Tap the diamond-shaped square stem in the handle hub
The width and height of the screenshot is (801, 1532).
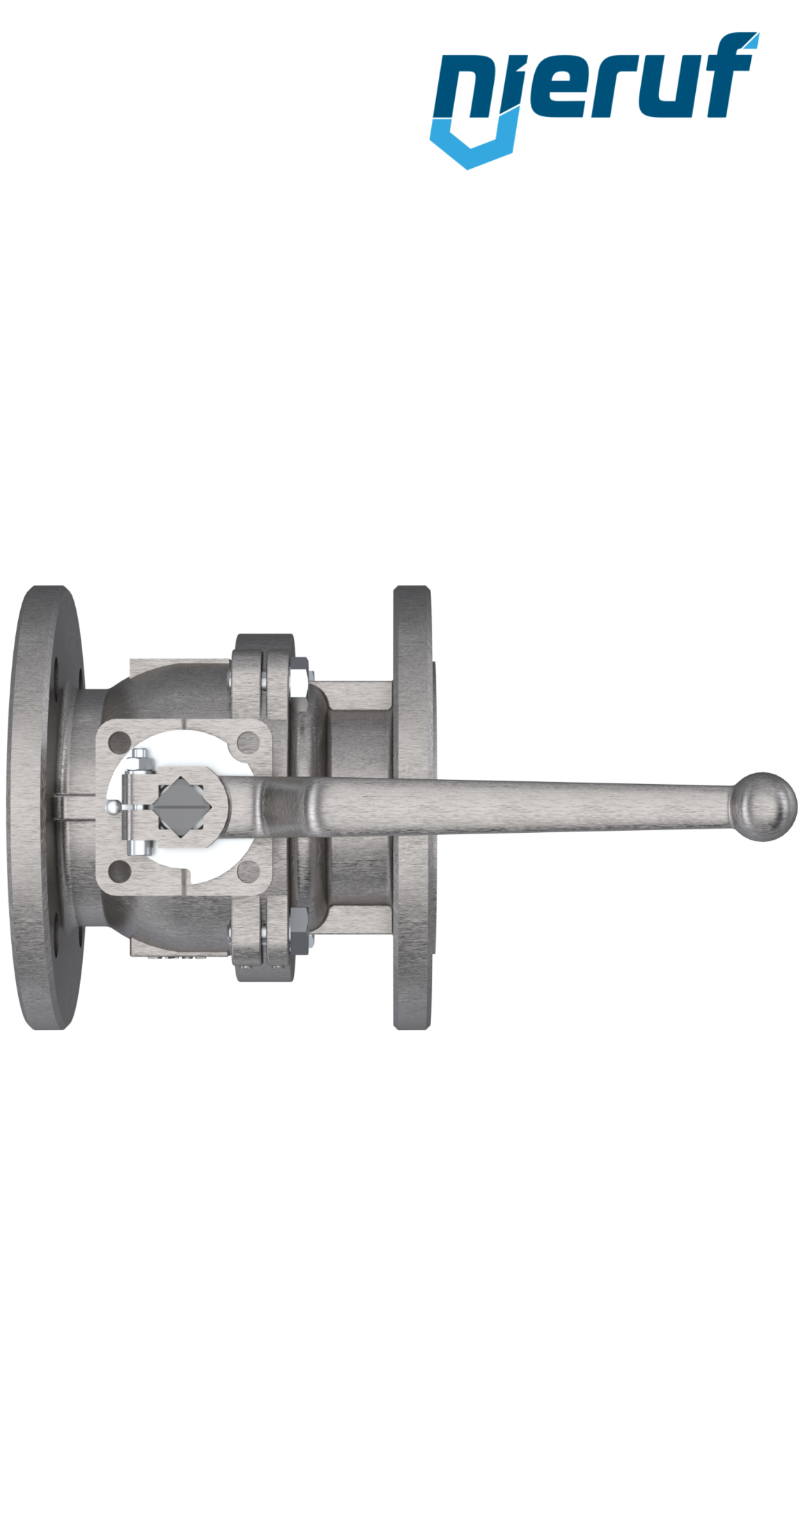tap(178, 806)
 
